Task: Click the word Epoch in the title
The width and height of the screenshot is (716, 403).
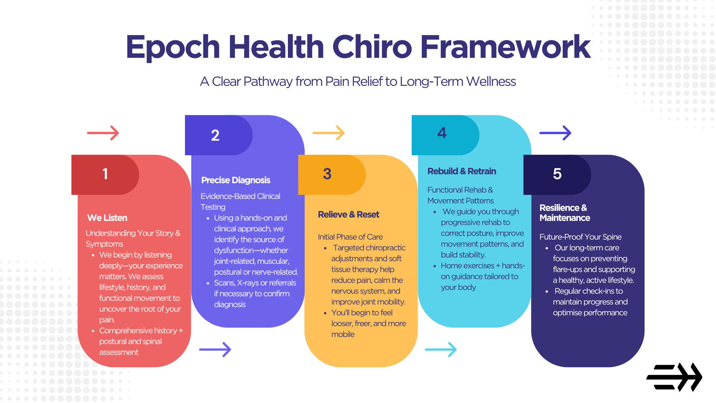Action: [x=173, y=47]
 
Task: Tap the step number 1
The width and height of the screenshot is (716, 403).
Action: [x=105, y=174]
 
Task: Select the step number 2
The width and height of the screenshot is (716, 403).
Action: [x=215, y=135]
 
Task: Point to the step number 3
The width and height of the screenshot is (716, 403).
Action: [x=327, y=174]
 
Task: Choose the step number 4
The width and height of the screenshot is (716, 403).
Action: [x=442, y=133]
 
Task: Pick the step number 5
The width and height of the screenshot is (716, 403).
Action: [x=557, y=174]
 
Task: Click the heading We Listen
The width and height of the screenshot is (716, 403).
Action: [x=107, y=218]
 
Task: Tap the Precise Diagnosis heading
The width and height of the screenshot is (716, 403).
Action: [x=236, y=180]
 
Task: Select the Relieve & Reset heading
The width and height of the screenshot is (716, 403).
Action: [x=348, y=215]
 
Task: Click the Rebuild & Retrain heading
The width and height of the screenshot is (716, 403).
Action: [x=462, y=171]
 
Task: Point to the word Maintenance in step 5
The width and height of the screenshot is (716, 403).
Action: [x=565, y=218]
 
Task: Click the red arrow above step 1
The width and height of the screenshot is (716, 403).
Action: [x=103, y=133]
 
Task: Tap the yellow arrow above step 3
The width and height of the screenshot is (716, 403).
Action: [x=329, y=133]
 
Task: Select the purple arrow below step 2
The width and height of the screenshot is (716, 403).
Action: [x=215, y=350]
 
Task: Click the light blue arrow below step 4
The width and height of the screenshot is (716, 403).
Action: [x=441, y=350]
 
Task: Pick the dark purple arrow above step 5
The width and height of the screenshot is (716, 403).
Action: [x=555, y=133]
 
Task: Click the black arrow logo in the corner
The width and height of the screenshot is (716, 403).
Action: [x=674, y=377]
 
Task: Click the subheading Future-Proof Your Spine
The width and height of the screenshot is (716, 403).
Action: [x=580, y=237]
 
